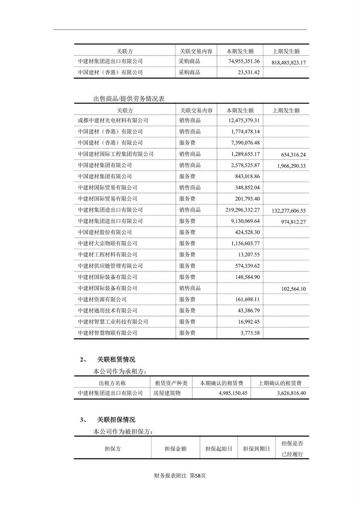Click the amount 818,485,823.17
288,63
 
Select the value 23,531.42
249,72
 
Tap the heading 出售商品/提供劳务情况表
129,99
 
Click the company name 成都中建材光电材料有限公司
113,120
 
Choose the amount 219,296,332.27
242,210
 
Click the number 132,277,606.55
289,211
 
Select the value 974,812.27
293,222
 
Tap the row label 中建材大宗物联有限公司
107,243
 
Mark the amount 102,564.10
293,289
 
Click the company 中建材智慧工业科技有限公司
113,322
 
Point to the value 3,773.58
250,333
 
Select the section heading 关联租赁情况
116,359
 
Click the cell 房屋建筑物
167,393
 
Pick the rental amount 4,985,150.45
233,393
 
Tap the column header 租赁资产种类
171,383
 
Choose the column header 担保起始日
218,449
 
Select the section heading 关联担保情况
116,420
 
